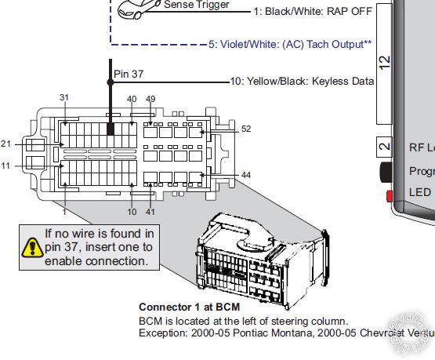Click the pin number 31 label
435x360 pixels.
click(65, 98)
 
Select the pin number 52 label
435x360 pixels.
click(246, 129)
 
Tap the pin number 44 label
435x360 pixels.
click(246, 175)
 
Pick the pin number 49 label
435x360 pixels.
click(151, 99)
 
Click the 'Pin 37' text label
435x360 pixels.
click(130, 74)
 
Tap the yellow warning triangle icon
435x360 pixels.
click(31, 247)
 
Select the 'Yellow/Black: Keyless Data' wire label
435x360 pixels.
click(299, 81)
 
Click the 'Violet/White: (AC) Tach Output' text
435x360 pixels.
click(290, 45)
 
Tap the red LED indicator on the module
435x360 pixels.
click(388, 194)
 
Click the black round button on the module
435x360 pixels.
click(386, 171)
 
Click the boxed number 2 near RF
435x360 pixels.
click(383, 147)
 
